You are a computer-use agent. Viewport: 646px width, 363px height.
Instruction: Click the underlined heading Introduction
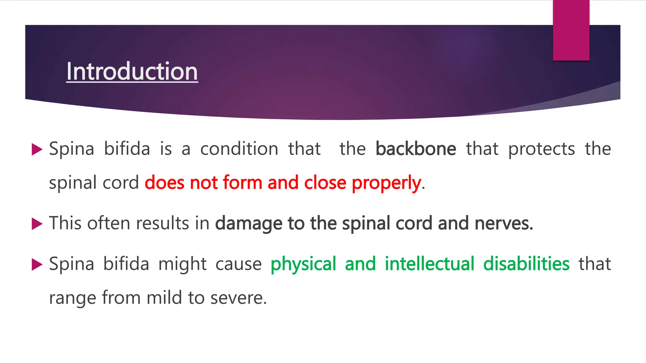(x=132, y=72)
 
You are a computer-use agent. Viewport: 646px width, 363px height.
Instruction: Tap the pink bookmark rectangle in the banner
(x=571, y=30)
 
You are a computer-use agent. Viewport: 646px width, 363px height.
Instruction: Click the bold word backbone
(x=416, y=149)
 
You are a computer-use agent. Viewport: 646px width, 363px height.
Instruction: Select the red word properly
(x=386, y=183)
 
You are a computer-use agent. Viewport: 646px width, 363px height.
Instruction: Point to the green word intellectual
(x=430, y=264)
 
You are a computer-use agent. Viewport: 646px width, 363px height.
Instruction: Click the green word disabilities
(x=526, y=264)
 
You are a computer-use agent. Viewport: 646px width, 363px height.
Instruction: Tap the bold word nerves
(x=504, y=223)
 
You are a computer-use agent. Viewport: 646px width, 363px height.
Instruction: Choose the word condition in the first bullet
(x=239, y=149)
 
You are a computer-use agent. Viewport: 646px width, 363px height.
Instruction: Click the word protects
(x=542, y=149)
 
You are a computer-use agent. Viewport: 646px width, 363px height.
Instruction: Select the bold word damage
(x=249, y=223)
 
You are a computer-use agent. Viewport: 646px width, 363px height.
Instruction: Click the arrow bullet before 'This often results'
(x=37, y=224)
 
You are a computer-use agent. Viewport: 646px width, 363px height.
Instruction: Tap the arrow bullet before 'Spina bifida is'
(x=37, y=149)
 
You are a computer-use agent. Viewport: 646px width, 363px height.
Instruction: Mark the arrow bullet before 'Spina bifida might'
(x=37, y=264)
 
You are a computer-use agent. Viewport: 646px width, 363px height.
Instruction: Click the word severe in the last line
(x=238, y=298)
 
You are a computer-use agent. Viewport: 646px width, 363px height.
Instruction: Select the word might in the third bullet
(x=182, y=264)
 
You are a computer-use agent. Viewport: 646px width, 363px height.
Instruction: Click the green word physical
(x=303, y=264)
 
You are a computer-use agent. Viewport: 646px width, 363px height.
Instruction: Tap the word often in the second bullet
(x=109, y=223)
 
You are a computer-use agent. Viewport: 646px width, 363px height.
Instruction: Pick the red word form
(x=243, y=183)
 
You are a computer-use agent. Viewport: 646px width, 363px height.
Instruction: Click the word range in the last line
(x=73, y=298)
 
